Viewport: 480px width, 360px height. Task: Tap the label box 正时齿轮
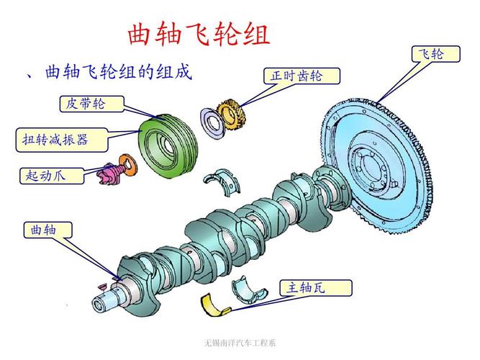[296, 76]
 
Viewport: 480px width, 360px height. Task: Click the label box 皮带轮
[91, 104]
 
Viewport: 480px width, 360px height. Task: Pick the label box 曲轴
[49, 230]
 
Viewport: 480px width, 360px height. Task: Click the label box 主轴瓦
[316, 288]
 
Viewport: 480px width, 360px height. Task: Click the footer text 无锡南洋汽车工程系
[239, 342]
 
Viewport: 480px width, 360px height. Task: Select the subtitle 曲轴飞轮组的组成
[119, 72]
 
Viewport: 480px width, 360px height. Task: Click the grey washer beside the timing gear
[213, 122]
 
